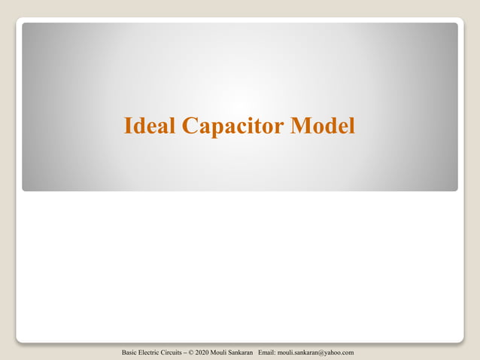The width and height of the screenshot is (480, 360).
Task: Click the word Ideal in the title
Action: [150, 126]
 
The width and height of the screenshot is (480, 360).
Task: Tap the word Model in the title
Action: [323, 126]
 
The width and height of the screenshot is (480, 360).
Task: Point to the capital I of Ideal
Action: [128, 126]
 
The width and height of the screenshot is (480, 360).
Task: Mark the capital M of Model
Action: [303, 126]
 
